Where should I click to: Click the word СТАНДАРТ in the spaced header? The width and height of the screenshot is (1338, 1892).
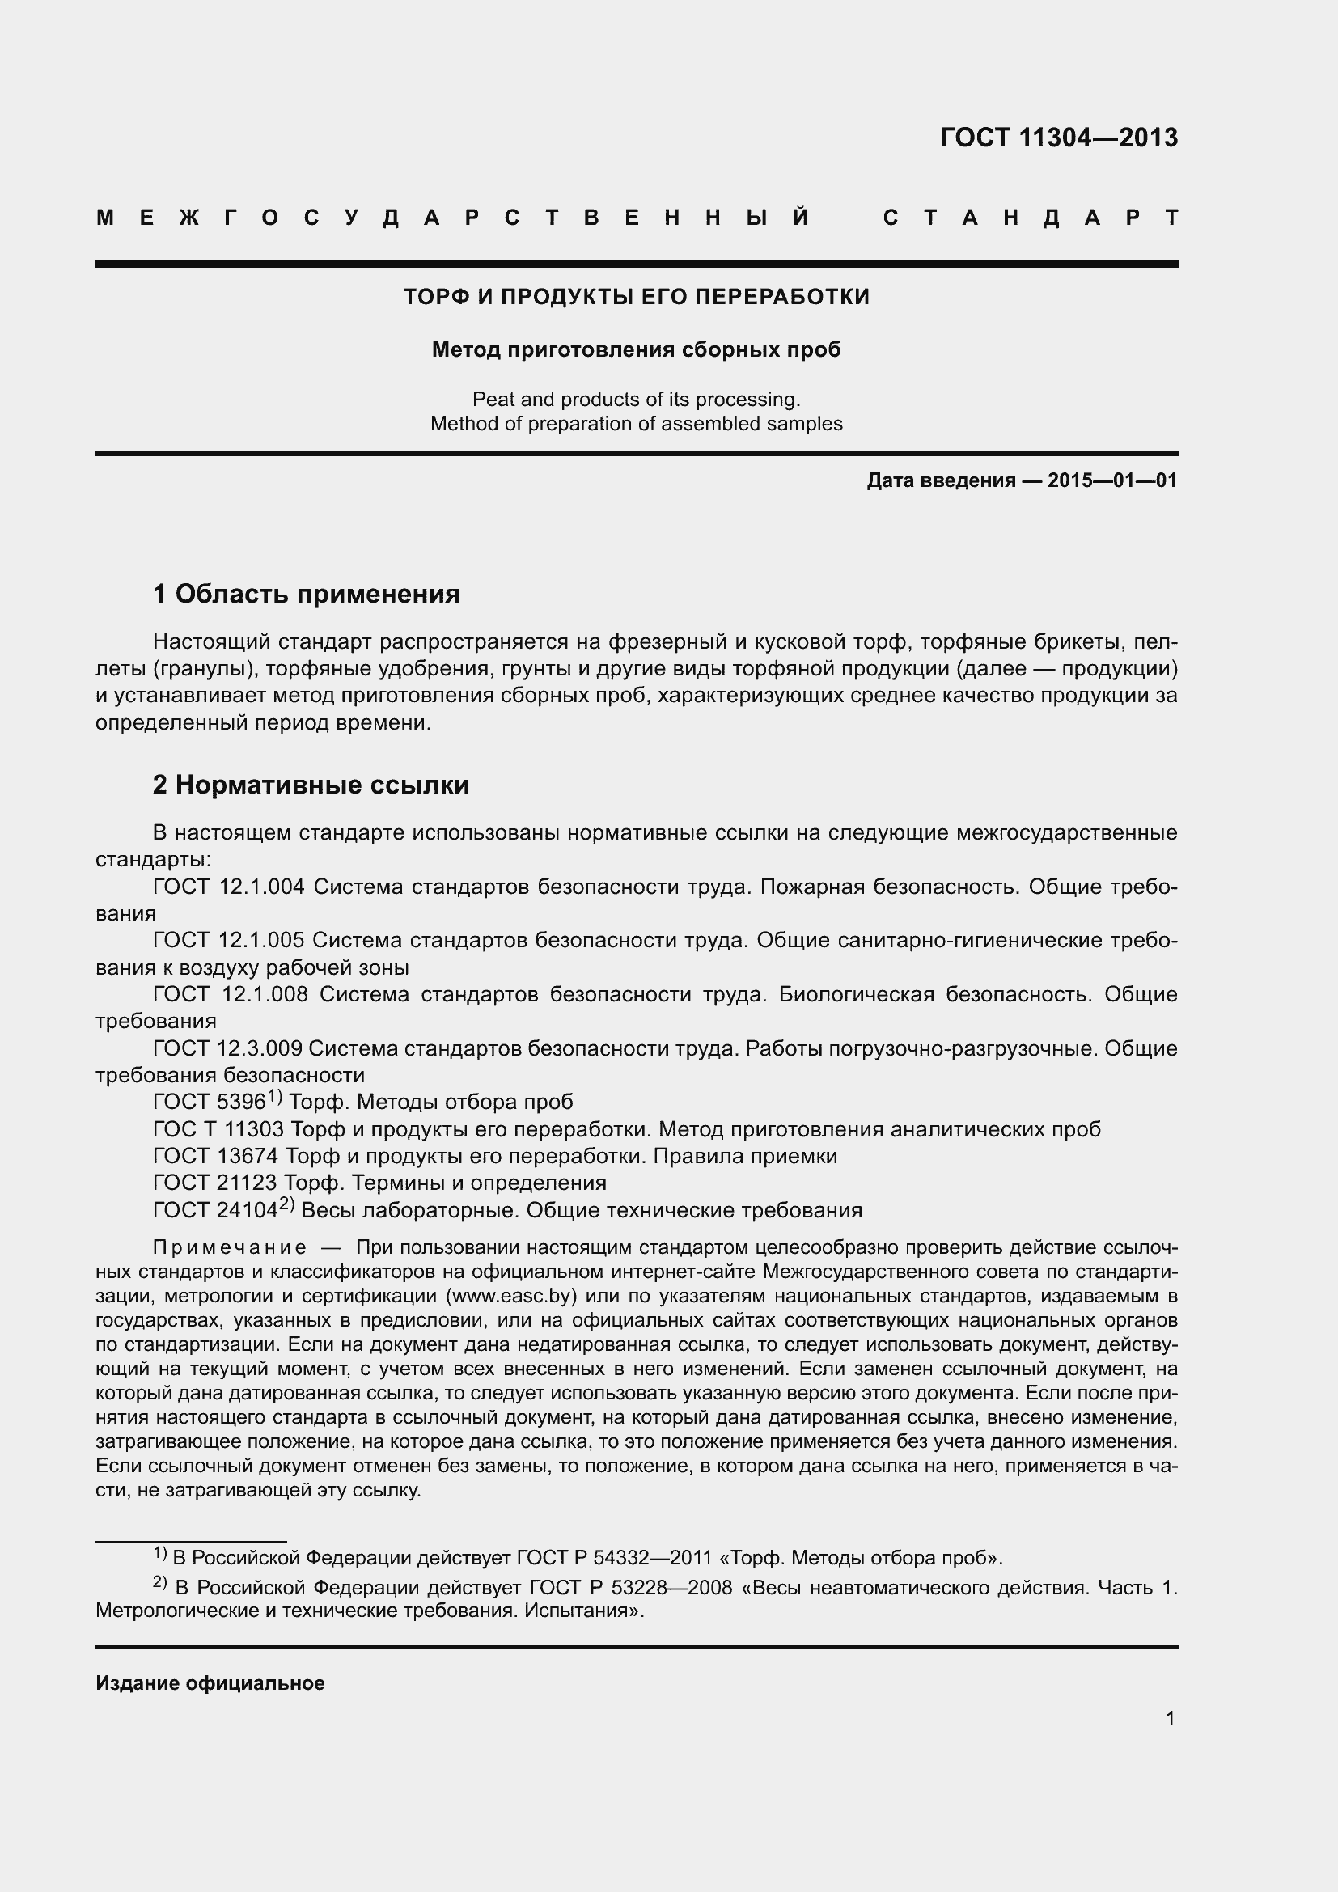click(1030, 218)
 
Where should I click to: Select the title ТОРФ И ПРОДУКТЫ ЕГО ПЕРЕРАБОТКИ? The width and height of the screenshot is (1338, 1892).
click(636, 297)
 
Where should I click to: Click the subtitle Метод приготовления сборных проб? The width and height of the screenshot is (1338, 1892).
click(636, 350)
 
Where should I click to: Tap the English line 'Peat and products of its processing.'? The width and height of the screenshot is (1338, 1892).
click(636, 400)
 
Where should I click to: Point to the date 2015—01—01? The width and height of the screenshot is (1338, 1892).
click(1112, 480)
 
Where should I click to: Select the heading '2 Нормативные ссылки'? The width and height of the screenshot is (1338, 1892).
click(311, 785)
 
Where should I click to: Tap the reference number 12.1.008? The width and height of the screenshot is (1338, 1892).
click(265, 995)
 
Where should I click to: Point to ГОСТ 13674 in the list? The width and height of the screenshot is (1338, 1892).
click(215, 1157)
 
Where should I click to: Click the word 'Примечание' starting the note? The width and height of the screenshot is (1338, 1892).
click(230, 1247)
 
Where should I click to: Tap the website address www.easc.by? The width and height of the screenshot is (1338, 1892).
click(510, 1296)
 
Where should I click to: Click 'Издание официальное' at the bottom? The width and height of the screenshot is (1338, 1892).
click(210, 1683)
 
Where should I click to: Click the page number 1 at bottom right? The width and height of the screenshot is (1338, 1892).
click(1170, 1719)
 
